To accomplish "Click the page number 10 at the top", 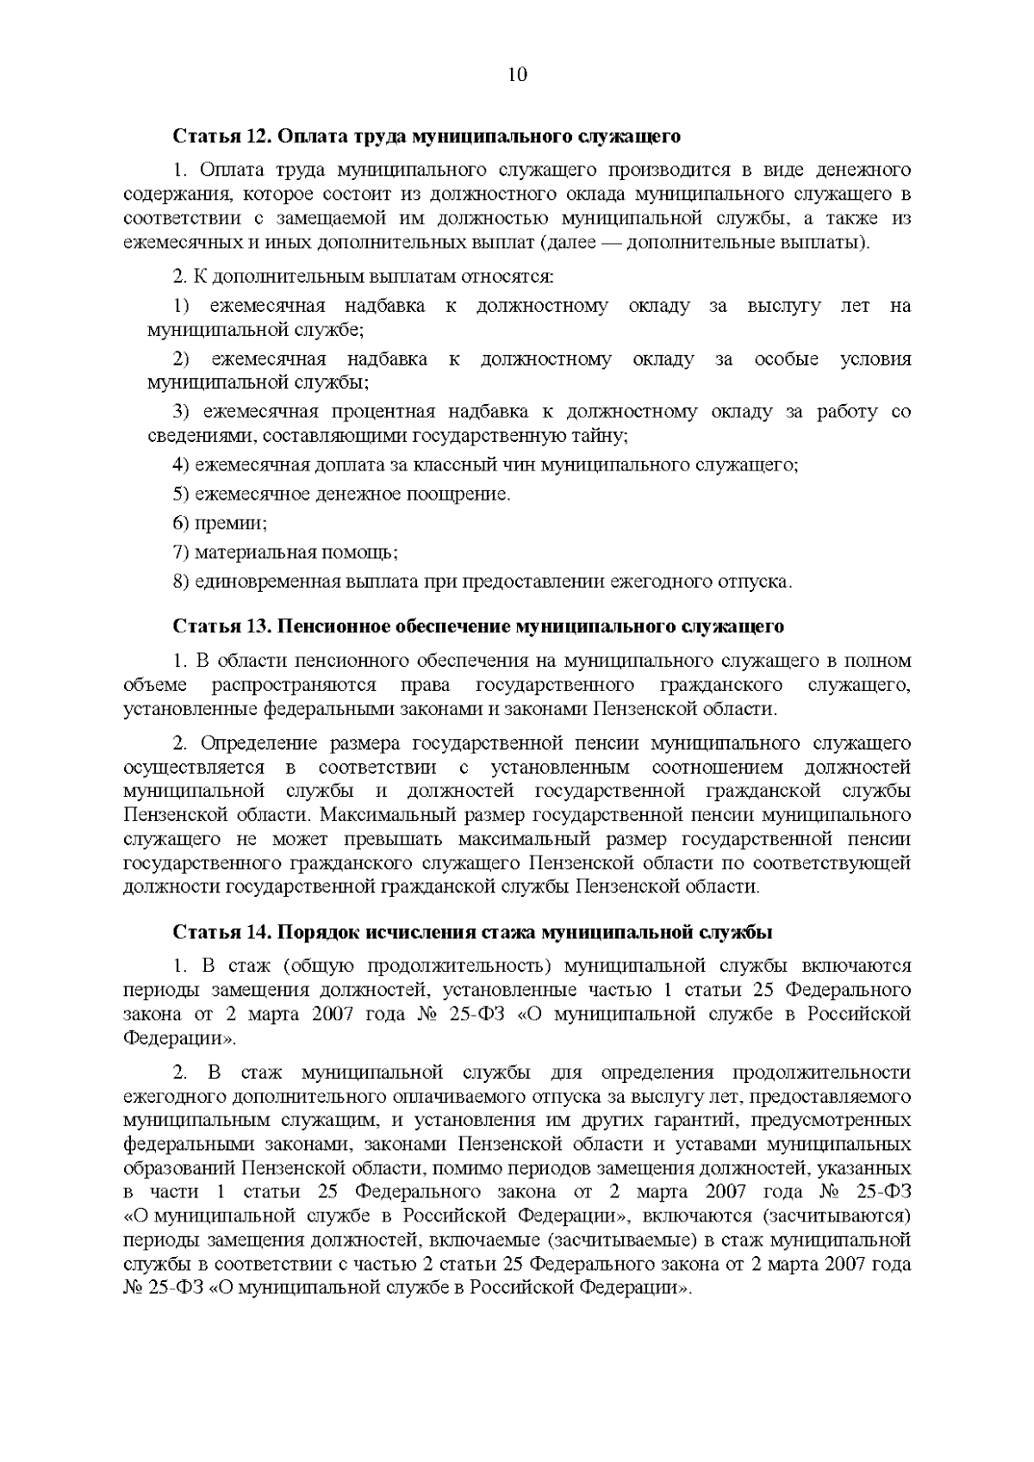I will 517,75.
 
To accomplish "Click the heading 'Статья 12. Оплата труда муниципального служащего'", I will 427,136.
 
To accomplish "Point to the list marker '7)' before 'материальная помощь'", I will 181,552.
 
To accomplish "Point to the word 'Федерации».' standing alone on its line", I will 179,1038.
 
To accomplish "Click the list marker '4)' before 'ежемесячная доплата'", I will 181,466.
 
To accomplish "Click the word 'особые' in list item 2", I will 786,359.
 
